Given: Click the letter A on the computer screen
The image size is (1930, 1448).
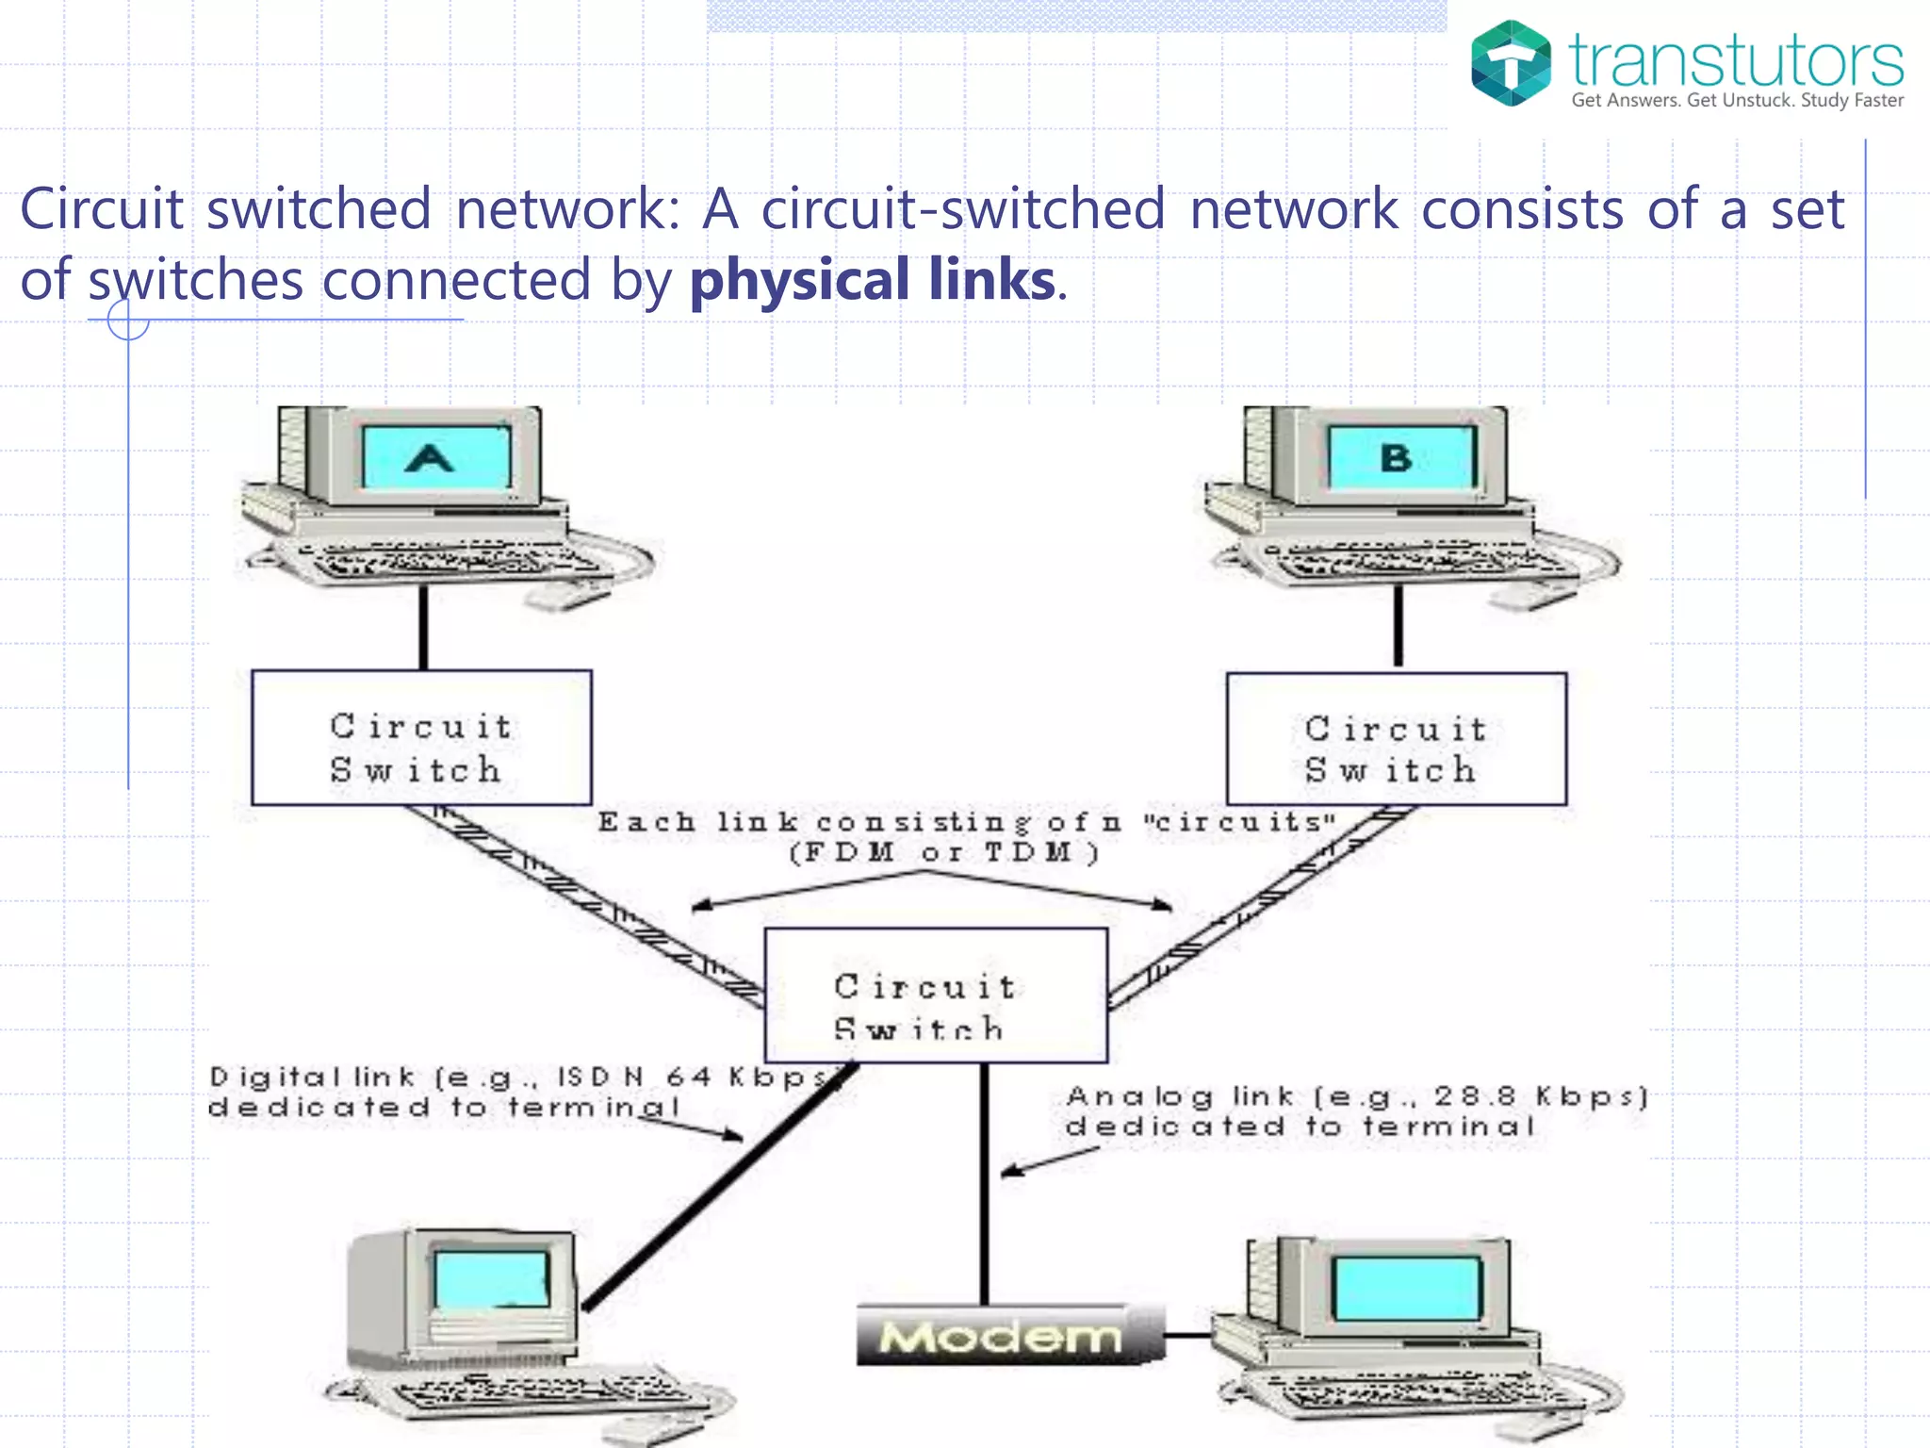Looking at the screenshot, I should [x=430, y=459].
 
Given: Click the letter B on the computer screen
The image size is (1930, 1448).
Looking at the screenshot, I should [x=1396, y=458].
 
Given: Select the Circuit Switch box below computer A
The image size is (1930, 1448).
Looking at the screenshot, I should [x=421, y=738].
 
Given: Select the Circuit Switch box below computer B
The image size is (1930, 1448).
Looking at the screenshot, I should [x=1396, y=740].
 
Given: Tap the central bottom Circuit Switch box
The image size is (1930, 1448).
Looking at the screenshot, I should [x=935, y=995].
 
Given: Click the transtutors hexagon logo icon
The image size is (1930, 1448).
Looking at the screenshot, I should [x=1511, y=63].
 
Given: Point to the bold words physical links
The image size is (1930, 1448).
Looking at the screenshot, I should [x=873, y=280].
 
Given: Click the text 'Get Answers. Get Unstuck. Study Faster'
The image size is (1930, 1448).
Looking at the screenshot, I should [x=1737, y=100].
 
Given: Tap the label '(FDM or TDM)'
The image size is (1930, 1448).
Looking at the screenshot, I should [x=942, y=853].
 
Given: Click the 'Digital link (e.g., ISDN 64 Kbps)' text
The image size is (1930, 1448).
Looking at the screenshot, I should [x=518, y=1077].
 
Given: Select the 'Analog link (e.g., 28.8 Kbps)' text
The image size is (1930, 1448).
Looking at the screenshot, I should [x=1356, y=1096].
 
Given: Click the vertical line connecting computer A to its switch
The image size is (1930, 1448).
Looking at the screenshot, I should [x=423, y=627].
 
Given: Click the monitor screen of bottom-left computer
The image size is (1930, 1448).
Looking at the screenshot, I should [x=491, y=1279].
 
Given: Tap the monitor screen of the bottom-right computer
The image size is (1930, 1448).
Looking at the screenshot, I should [x=1408, y=1289].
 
